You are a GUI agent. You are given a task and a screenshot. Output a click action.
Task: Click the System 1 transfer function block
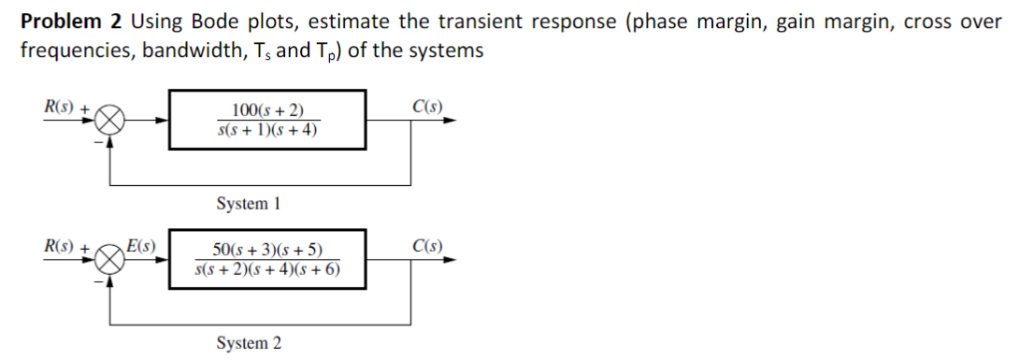coord(266,120)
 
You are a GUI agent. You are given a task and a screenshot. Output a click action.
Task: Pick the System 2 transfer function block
coord(266,259)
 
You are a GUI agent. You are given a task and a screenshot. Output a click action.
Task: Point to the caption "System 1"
coord(249,203)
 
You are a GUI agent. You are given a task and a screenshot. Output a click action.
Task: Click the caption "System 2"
coord(249,343)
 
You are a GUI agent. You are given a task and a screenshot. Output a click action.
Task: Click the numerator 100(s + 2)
coord(266,111)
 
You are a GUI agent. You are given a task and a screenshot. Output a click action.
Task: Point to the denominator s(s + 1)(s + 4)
coord(266,129)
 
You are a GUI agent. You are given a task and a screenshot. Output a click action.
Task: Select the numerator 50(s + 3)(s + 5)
coord(266,251)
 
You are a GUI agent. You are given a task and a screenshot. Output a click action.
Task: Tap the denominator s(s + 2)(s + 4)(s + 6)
coord(267,269)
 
